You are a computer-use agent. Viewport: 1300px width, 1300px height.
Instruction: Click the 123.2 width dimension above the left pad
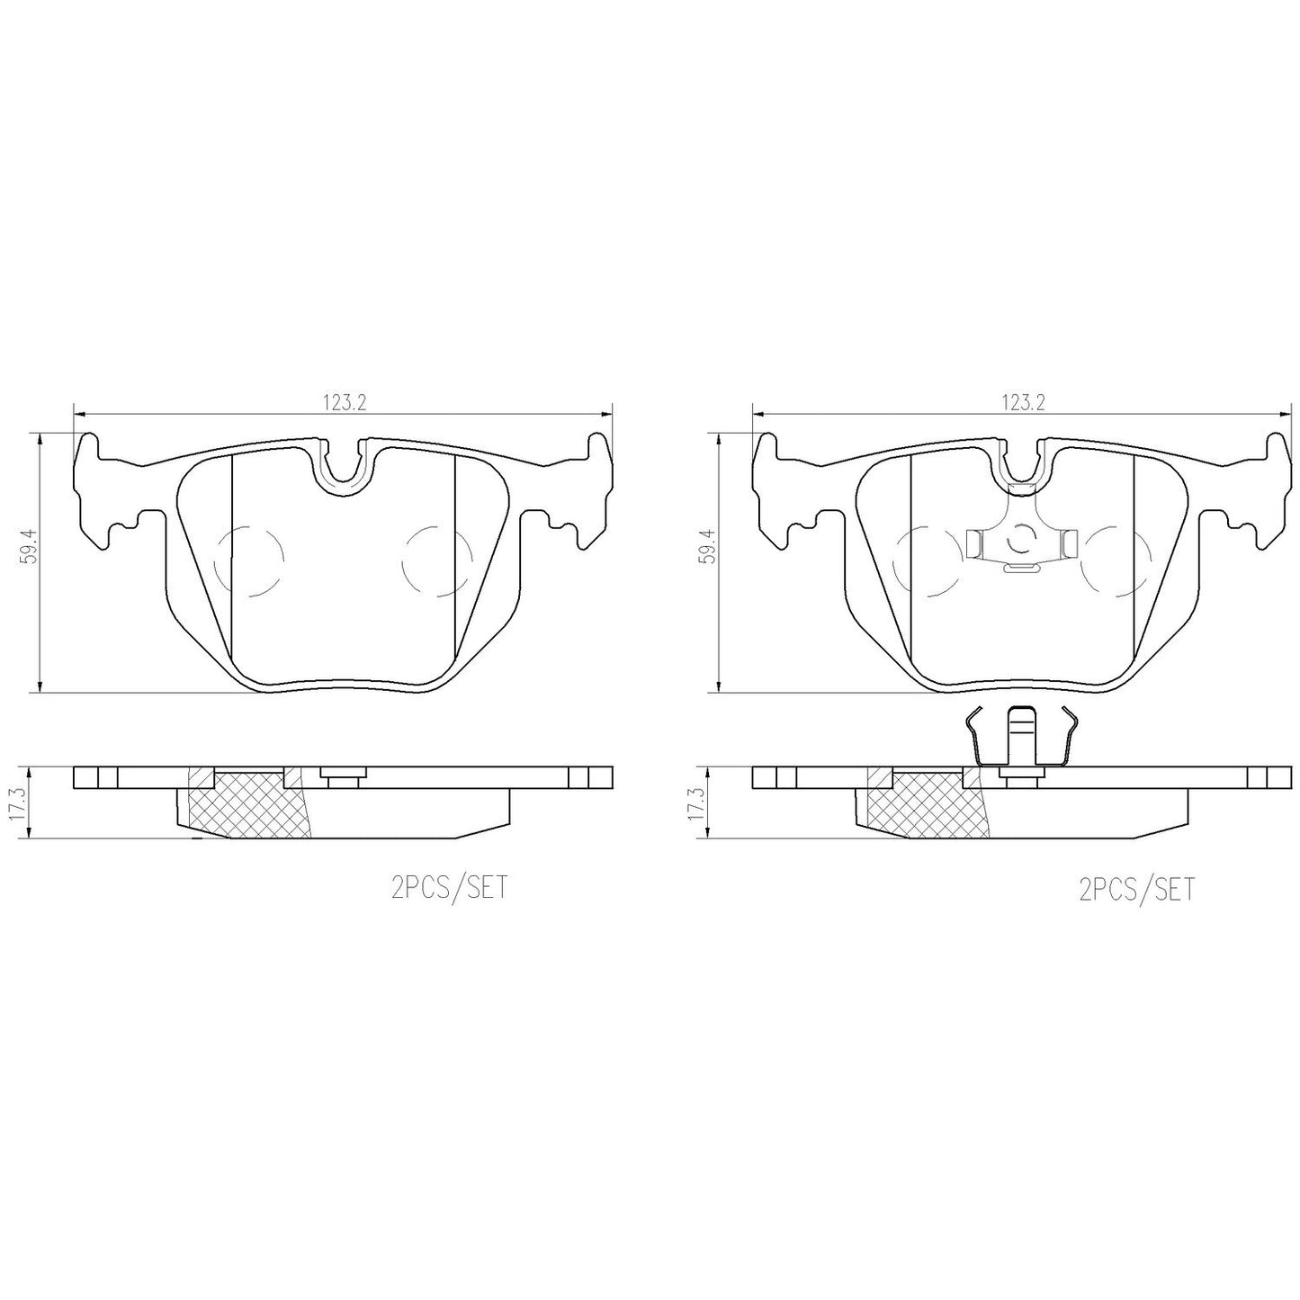click(344, 403)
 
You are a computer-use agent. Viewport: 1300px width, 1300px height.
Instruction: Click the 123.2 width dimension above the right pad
click(1024, 403)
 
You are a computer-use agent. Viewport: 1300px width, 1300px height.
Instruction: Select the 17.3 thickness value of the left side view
click(20, 804)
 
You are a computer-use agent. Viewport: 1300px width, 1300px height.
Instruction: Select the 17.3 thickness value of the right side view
click(700, 804)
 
